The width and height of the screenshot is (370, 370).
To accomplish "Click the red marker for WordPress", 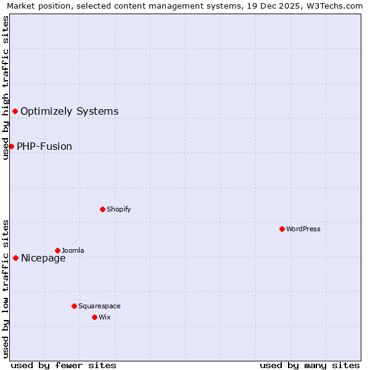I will [282, 229].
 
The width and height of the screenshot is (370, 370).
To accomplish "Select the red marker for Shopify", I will [102, 209].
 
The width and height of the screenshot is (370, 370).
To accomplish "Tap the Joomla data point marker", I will [57, 250].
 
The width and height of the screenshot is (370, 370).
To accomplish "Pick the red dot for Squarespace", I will [74, 306].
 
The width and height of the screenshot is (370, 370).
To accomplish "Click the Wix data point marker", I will [94, 317].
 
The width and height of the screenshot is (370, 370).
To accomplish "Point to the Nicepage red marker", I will [15, 258].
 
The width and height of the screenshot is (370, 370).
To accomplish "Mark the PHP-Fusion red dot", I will [11, 146].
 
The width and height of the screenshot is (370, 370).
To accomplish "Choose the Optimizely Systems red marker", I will [15, 111].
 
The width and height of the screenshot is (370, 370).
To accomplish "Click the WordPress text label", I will [303, 229].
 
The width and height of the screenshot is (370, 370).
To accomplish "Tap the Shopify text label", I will [118, 209].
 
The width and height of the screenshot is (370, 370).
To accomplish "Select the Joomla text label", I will [73, 250].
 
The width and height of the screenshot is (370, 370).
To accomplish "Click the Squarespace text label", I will [99, 306].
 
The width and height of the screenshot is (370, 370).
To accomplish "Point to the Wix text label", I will [105, 317].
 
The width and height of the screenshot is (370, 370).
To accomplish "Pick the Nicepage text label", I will [43, 258].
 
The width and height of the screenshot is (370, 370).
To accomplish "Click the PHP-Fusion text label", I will [44, 147].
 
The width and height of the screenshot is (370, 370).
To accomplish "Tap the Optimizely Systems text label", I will [69, 112].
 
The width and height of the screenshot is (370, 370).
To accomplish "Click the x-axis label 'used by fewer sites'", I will [64, 365].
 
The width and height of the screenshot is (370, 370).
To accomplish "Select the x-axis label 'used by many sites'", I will [310, 365].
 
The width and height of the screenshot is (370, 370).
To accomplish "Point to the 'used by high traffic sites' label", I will [6, 88].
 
